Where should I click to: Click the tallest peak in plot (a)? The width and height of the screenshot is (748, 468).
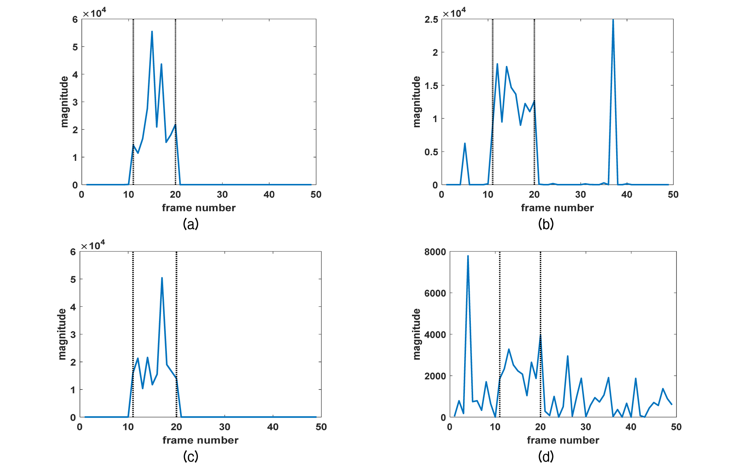152,32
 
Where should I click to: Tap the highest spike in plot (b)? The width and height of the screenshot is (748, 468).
613,20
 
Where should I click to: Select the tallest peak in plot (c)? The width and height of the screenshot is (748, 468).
162,278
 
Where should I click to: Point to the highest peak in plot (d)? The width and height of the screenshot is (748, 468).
468,256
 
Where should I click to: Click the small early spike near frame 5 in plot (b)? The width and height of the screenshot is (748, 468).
465,144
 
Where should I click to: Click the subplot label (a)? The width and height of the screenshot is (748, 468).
191,224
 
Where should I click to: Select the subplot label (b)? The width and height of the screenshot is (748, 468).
546,224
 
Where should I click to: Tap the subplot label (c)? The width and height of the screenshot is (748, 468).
191,456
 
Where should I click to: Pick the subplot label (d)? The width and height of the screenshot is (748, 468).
546,456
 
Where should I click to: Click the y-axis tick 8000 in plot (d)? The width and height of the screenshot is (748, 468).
435,252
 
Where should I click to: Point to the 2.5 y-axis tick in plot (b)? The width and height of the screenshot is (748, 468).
431,19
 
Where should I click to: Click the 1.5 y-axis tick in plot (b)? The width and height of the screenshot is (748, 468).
431,86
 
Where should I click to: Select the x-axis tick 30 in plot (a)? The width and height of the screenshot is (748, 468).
222,195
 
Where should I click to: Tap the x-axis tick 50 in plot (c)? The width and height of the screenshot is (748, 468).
321,427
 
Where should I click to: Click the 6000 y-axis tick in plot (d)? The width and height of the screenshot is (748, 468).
435,293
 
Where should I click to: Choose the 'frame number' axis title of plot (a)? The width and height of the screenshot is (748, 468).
199,208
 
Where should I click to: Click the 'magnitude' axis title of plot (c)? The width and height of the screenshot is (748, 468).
62,334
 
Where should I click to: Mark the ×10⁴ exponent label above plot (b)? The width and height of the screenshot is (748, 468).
454,13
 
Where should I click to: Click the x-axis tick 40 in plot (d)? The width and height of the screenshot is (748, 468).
631,427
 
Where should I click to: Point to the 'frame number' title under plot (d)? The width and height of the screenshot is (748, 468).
563,440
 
